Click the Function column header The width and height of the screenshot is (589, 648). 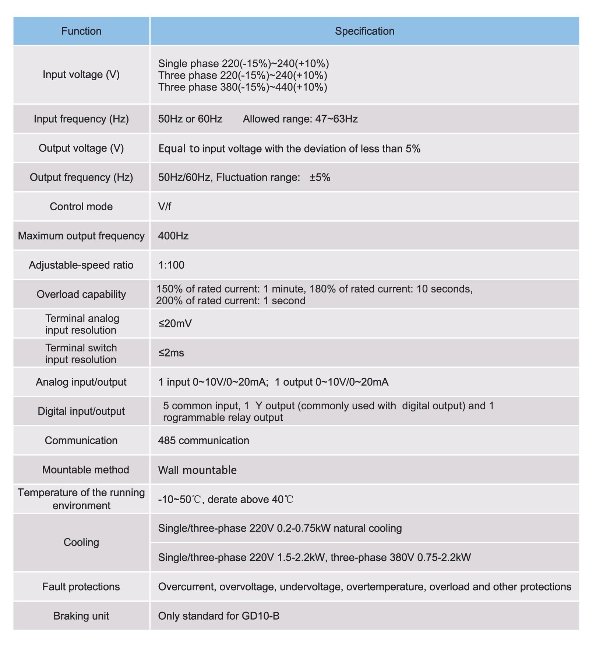click(81, 31)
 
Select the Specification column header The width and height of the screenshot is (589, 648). click(364, 31)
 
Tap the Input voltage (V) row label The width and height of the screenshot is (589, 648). click(81, 75)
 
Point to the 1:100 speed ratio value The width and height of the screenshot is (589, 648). click(171, 265)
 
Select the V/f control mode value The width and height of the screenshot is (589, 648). click(165, 207)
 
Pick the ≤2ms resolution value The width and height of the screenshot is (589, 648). click(171, 353)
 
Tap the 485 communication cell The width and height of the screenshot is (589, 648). click(204, 441)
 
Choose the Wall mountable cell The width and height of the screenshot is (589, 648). click(197, 470)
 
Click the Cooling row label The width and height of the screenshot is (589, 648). click(81, 542)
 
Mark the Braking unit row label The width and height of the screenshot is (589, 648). click(81, 616)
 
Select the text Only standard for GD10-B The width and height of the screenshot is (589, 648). click(219, 616)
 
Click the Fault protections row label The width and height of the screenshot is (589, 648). click(81, 586)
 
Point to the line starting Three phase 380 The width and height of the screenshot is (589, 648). click(243, 87)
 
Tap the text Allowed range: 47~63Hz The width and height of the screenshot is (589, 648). click(300, 119)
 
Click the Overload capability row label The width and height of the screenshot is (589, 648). click(81, 294)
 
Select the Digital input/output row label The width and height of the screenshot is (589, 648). click(81, 411)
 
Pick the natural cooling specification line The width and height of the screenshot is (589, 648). click(280, 529)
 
